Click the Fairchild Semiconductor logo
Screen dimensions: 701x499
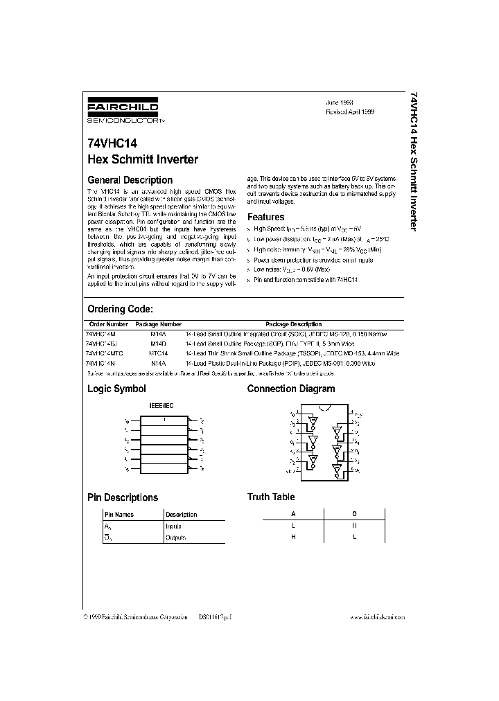pyautogui.click(x=123, y=111)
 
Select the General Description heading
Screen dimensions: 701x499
pyautogui.click(x=130, y=180)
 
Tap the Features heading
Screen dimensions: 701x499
pyautogui.click(x=266, y=217)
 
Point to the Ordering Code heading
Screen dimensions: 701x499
pyautogui.click(x=120, y=309)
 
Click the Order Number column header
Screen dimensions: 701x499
pyautogui.click(x=109, y=324)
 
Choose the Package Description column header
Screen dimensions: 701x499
pyautogui.click(x=293, y=324)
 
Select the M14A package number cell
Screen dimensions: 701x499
pyautogui.click(x=159, y=334)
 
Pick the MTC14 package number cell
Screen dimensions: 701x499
pyautogui.click(x=159, y=353)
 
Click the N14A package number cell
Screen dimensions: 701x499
pyautogui.click(x=159, y=363)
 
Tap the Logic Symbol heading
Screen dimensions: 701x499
pyautogui.click(x=116, y=389)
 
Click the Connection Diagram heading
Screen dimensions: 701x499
pyautogui.click(x=291, y=389)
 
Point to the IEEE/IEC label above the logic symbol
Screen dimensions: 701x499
pyautogui.click(x=162, y=405)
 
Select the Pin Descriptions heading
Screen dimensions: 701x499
pyautogui.click(x=123, y=497)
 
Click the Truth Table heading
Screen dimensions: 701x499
pyautogui.click(x=271, y=497)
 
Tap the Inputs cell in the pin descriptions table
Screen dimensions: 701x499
pyautogui.click(x=173, y=526)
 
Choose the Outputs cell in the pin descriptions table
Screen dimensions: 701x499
pyautogui.click(x=175, y=538)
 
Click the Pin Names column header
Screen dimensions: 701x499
pyautogui.click(x=119, y=515)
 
